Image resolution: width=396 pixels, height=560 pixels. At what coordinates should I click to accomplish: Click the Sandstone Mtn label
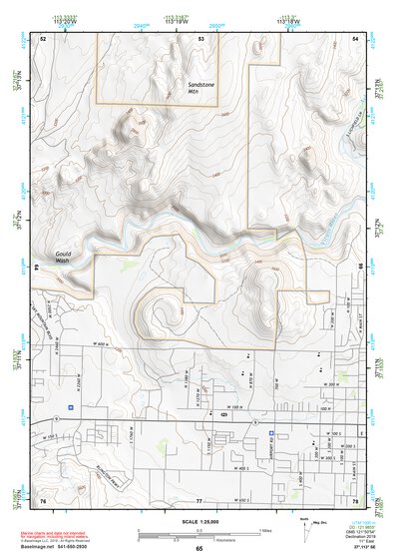pyautogui.click(x=201, y=88)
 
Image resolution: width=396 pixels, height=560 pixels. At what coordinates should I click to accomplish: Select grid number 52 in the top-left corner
pyautogui.click(x=44, y=38)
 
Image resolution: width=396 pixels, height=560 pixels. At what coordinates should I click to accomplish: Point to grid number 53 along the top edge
pyautogui.click(x=200, y=38)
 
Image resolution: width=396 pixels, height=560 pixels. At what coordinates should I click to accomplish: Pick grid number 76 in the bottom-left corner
pyautogui.click(x=43, y=498)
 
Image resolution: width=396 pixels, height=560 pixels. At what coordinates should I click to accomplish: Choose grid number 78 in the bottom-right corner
pyautogui.click(x=355, y=498)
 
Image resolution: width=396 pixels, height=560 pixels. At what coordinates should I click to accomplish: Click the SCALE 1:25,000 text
pyautogui.click(x=199, y=522)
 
